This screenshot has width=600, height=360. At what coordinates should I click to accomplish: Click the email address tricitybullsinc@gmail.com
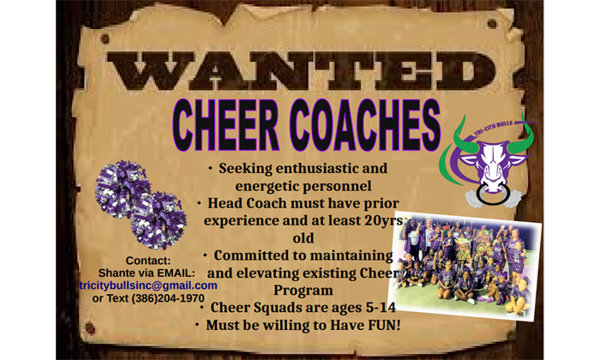tap(148, 285)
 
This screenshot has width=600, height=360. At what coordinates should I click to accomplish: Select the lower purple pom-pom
tap(159, 220)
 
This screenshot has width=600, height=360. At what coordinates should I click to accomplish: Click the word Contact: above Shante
tap(148, 261)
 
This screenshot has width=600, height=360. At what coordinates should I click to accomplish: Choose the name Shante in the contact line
tap(118, 273)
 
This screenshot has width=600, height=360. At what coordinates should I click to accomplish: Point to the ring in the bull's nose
tap(493, 195)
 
